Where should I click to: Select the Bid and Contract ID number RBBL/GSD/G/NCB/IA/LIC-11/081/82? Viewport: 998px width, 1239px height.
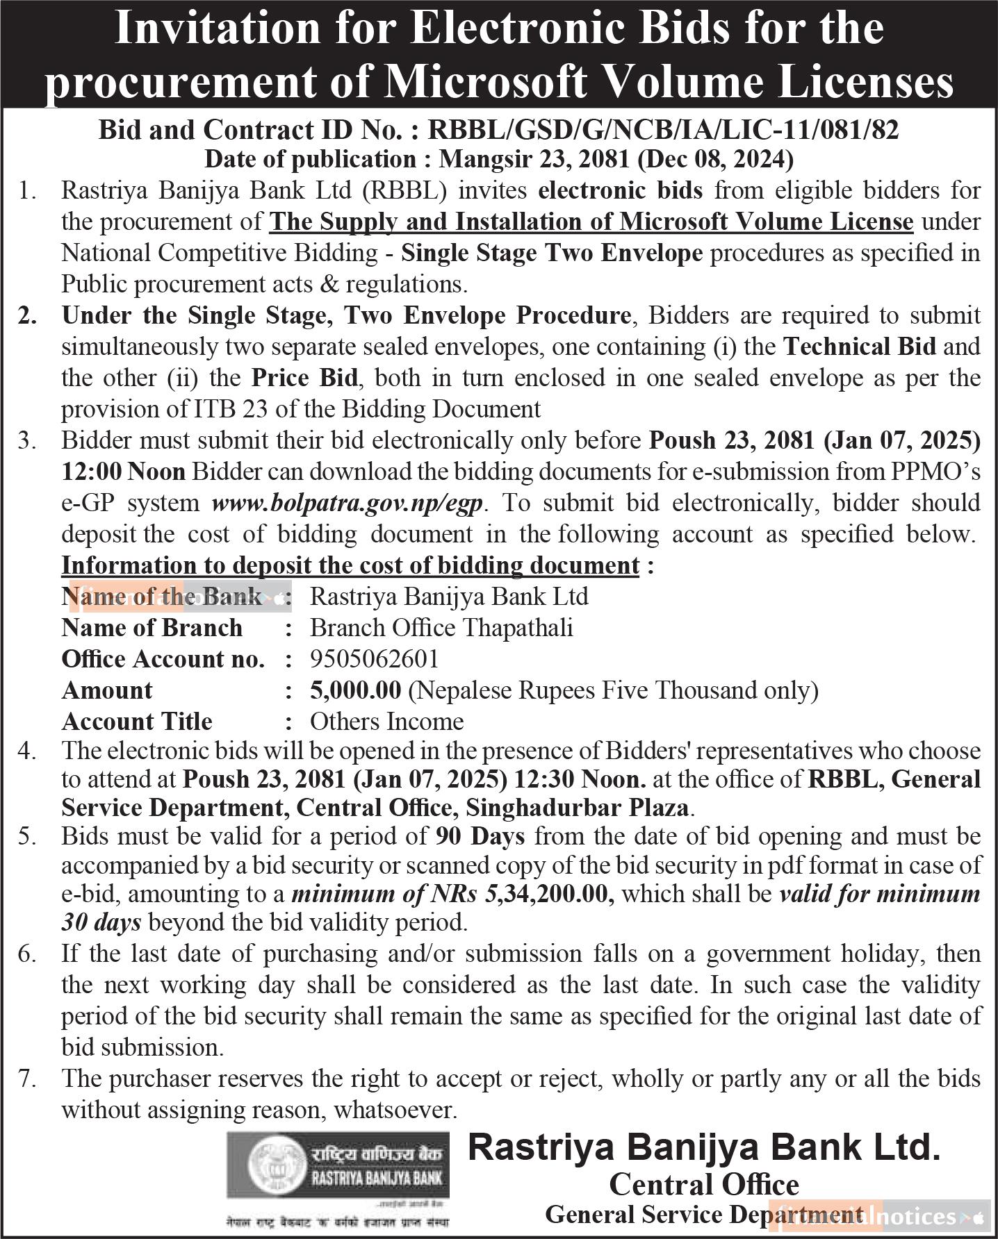pyautogui.click(x=663, y=130)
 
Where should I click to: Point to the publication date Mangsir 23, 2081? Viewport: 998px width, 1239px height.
pyautogui.click(x=534, y=160)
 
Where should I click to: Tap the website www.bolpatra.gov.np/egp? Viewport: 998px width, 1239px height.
pyautogui.click(x=347, y=503)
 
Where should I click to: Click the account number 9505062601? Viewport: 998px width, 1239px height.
pyautogui.click(x=374, y=658)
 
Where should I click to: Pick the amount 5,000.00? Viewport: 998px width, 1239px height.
pyautogui.click(x=355, y=690)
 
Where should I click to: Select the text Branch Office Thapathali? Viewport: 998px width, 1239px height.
pyautogui.click(x=441, y=627)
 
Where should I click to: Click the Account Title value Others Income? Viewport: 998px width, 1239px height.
pyautogui.click(x=386, y=721)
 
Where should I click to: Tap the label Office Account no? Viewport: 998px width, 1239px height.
pyautogui.click(x=163, y=658)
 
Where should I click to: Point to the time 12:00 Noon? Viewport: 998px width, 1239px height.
pyautogui.click(x=123, y=472)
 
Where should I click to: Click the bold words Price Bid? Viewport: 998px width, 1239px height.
pyautogui.click(x=304, y=378)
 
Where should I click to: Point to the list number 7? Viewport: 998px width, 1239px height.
pyautogui.click(x=26, y=1079)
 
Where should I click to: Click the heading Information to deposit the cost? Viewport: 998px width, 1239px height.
pyautogui.click(x=350, y=565)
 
